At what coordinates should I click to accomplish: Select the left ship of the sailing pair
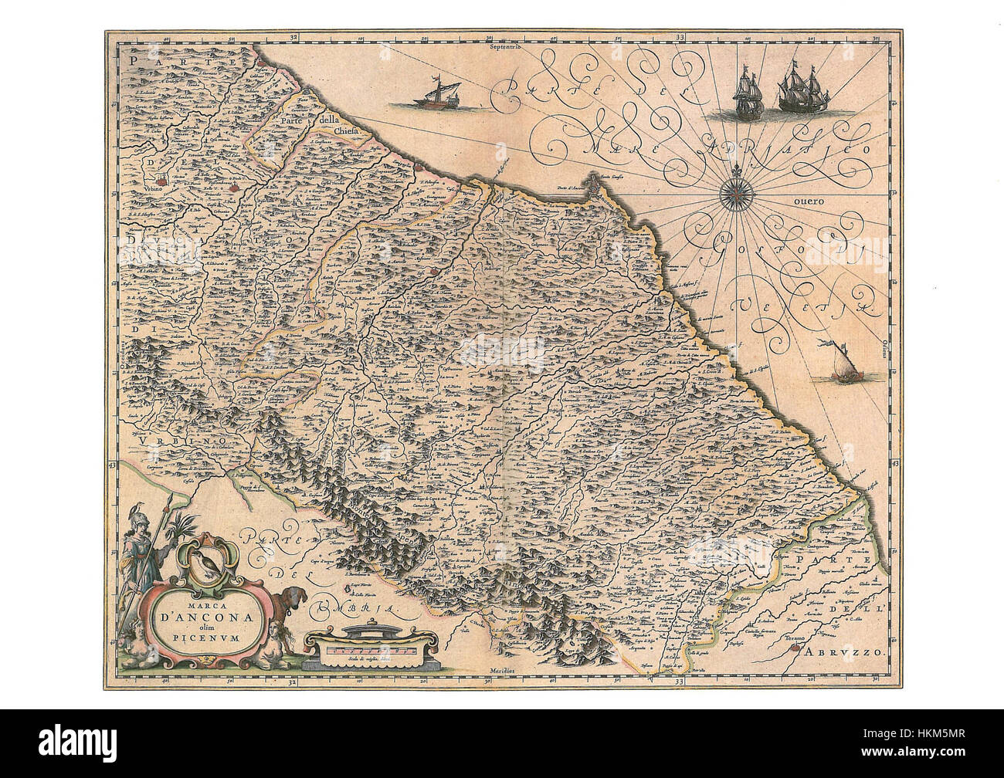click(746, 93)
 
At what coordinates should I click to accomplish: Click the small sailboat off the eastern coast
click(839, 367)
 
